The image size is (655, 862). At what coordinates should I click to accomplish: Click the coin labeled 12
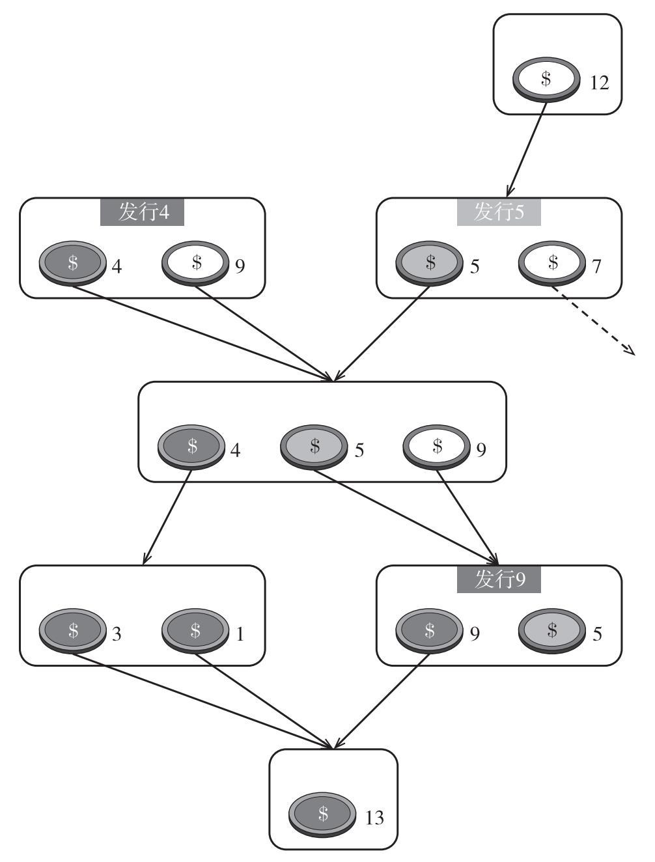[x=546, y=79]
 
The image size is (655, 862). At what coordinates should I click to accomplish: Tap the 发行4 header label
[x=142, y=212]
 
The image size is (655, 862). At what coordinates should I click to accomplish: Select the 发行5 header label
[x=499, y=212]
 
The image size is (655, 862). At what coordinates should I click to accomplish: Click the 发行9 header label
[x=499, y=579]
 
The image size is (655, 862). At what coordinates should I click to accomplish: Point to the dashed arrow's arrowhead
[x=630, y=352]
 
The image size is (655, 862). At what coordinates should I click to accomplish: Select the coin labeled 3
[x=73, y=631]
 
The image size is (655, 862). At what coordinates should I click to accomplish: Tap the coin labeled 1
[x=195, y=631]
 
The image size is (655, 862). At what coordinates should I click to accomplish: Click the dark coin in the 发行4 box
[x=73, y=264]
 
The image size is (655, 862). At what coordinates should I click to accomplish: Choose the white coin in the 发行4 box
[x=195, y=264]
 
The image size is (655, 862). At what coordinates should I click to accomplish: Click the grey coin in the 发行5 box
[x=430, y=264]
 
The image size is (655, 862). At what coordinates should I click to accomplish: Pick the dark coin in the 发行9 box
[x=430, y=631]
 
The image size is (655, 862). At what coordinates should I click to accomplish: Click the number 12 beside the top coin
[x=599, y=83]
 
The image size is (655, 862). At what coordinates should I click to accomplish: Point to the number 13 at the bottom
[x=375, y=818]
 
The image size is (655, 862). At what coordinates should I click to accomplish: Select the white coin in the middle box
[x=438, y=447]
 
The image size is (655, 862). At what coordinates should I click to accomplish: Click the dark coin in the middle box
[x=192, y=447]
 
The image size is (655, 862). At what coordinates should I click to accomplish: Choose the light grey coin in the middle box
[x=314, y=447]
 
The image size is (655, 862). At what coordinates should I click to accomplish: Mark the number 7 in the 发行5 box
[x=596, y=267]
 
